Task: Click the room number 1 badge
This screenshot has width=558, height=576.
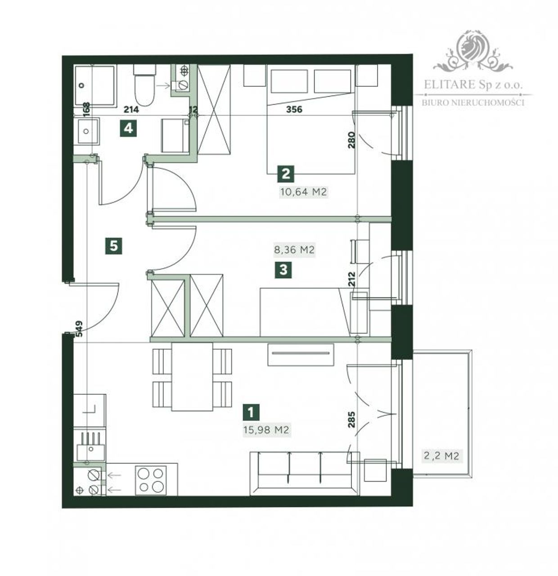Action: (x=251, y=412)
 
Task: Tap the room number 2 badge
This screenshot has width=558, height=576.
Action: (x=286, y=174)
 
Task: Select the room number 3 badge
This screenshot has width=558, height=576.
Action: (x=283, y=270)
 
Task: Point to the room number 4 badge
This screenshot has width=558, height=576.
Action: (x=128, y=128)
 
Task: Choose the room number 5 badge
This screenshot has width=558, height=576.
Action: (x=114, y=246)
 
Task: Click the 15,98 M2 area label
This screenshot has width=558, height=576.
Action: (x=266, y=430)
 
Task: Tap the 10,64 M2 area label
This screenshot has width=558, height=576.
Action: (x=303, y=192)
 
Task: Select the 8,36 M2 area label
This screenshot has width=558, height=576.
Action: (x=294, y=250)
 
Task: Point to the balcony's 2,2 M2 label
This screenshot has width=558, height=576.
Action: (x=441, y=455)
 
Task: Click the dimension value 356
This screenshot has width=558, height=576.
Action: (x=294, y=109)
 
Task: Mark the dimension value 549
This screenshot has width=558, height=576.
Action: (x=79, y=329)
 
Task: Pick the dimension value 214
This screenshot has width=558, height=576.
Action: (x=131, y=110)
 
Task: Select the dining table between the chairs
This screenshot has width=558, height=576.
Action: (x=192, y=377)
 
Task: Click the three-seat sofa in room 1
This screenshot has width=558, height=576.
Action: (x=305, y=473)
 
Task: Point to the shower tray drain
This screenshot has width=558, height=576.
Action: (x=82, y=85)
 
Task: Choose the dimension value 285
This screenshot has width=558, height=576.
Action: (x=351, y=420)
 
